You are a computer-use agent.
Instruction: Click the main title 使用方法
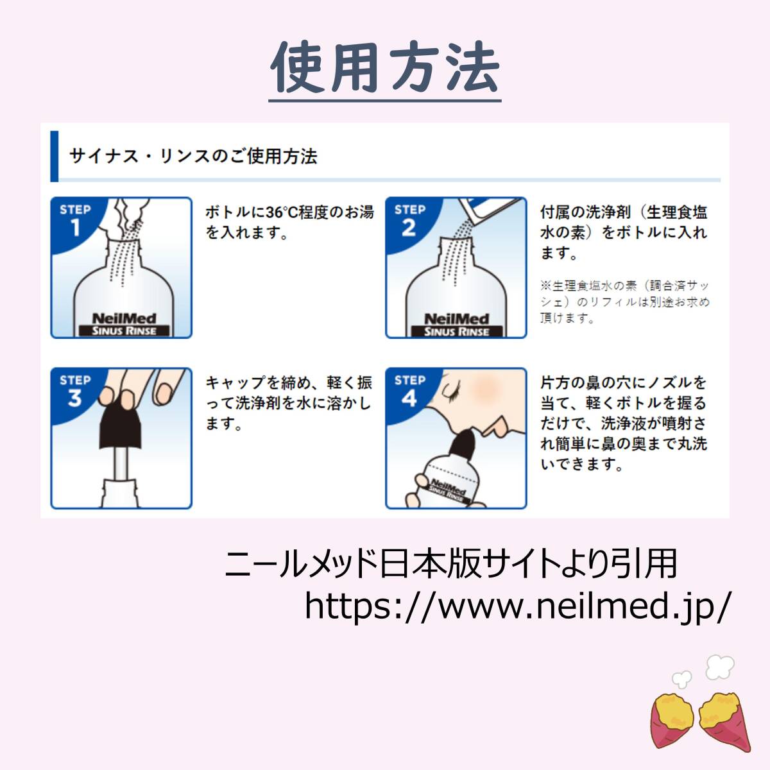click(x=385, y=67)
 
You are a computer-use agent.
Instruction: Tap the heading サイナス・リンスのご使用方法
click(x=193, y=156)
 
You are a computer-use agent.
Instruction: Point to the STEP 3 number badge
click(x=76, y=391)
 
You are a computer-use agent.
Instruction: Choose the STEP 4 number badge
click(x=410, y=391)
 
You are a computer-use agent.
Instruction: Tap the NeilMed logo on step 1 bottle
click(x=124, y=318)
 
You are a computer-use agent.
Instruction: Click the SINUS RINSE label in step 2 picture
click(x=457, y=331)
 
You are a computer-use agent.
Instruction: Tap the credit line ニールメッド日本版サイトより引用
click(x=451, y=564)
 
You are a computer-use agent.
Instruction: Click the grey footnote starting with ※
click(x=625, y=302)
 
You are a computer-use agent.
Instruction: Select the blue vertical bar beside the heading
click(x=55, y=156)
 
